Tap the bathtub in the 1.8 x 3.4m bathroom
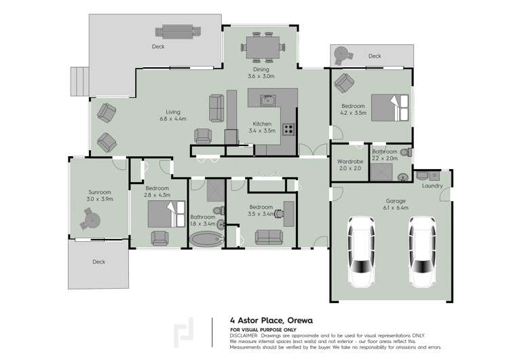pyautogui.click(x=206, y=239)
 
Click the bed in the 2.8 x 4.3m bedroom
pyautogui.click(x=163, y=214)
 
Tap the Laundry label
pyautogui.click(x=432, y=185)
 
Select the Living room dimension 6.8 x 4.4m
pyautogui.click(x=172, y=119)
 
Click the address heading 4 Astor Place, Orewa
pyautogui.click(x=271, y=319)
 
